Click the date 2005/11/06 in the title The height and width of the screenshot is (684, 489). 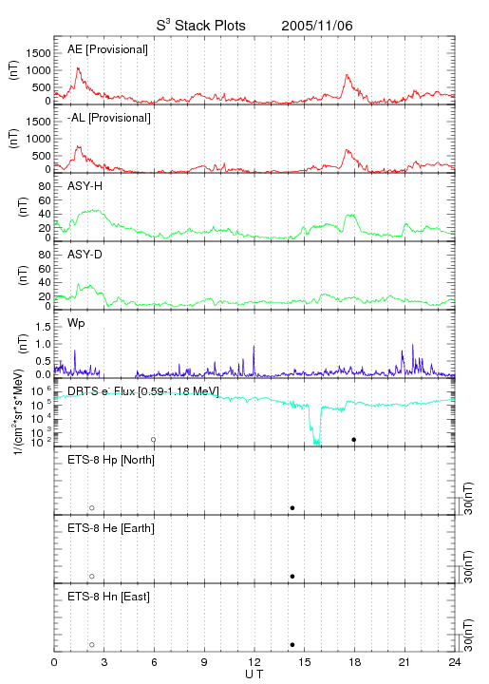pos(317,26)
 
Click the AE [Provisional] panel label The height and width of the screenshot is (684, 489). pos(107,49)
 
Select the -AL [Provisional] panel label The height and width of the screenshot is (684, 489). pos(109,118)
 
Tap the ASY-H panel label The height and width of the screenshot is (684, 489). pos(85,186)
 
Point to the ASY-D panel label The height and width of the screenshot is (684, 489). pos(85,255)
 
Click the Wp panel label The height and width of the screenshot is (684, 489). pos(76,324)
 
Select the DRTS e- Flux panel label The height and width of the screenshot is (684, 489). pos(143,391)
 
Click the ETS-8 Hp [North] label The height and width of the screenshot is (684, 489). pos(111,460)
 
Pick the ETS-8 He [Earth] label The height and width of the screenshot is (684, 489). pos(111,528)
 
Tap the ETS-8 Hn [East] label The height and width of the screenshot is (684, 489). pos(108,597)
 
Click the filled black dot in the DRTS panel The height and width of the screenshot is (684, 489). pos(354,440)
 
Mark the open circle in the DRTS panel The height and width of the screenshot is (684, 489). pos(154,440)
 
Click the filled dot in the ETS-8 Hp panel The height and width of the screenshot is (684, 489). pos(292,507)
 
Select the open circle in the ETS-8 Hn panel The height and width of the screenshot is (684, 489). pos(92,645)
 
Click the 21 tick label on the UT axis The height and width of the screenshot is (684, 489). pos(404,662)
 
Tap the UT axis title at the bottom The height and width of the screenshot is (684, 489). pos(254,674)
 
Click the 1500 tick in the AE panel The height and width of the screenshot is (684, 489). pos(38,53)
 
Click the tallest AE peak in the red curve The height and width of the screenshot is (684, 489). pos(79,68)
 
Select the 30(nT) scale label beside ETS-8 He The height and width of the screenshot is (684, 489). pos(468,566)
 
